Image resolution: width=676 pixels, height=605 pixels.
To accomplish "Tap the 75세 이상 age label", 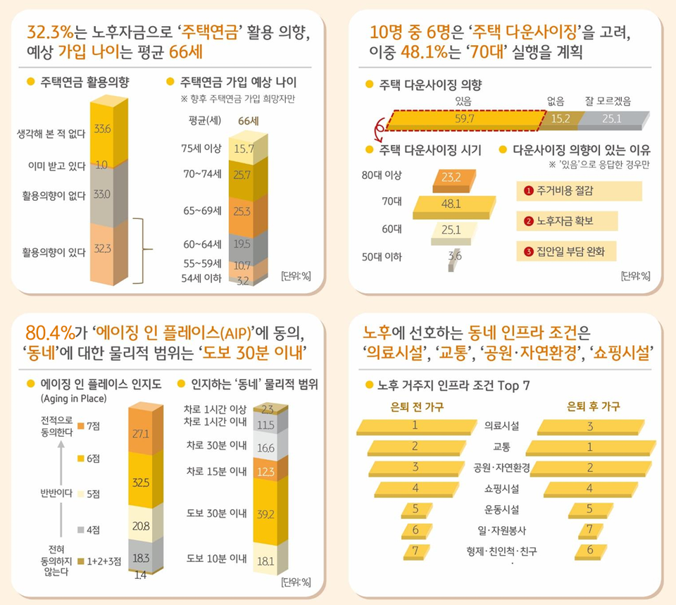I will click(x=201, y=148).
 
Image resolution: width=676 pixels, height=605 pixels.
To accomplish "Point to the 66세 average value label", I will click(x=249, y=120).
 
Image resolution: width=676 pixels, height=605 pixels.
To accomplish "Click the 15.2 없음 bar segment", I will click(x=561, y=119).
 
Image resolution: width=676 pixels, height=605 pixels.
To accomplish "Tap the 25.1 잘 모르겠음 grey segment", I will click(x=610, y=119).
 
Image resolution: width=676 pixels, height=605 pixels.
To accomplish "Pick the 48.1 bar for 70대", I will click(x=451, y=204).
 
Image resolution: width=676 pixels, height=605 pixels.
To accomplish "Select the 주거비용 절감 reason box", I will click(x=579, y=191).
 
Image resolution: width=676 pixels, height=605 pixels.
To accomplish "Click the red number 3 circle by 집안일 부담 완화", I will click(x=528, y=251).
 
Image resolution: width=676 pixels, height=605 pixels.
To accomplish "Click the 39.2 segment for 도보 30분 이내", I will click(x=265, y=514).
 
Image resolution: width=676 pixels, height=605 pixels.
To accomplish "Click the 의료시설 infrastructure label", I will click(x=502, y=425).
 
